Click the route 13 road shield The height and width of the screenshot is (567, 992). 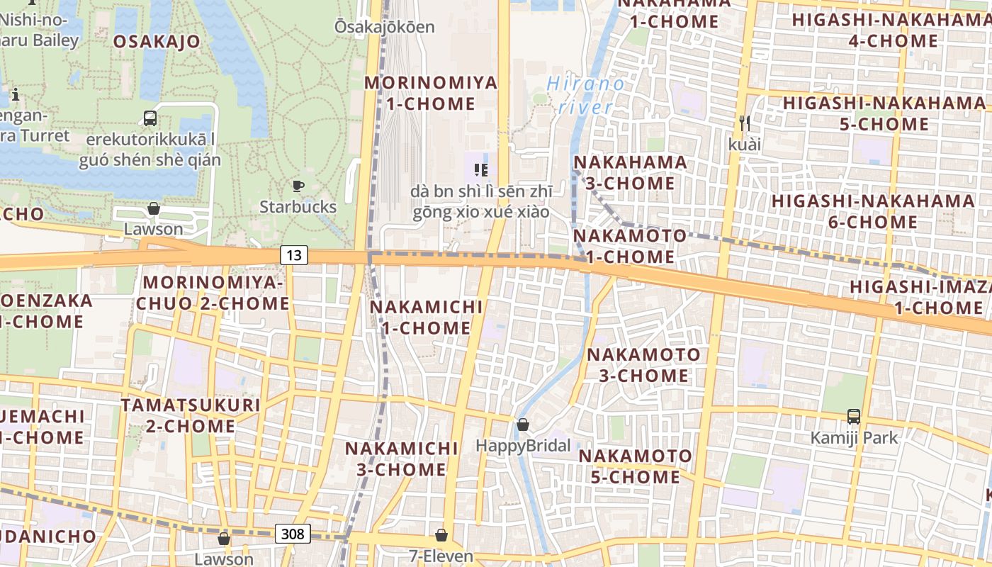293,255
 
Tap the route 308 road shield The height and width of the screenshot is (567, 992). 293,533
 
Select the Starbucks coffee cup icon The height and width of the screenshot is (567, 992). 298,186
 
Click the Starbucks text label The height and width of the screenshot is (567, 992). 298,207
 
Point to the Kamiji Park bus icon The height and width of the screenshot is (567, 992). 854,417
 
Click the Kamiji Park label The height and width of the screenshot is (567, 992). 854,437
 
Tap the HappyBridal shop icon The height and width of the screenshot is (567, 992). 523,425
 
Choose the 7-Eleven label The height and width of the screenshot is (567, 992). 441,556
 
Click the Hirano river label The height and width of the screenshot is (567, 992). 592,96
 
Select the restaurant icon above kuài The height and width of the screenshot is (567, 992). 744,123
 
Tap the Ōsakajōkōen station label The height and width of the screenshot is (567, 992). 385,27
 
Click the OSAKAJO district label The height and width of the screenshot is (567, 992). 157,41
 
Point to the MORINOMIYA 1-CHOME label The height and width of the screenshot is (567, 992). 431,93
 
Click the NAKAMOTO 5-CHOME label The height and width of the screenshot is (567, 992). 635,466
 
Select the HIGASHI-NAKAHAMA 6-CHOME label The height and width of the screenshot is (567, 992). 873,211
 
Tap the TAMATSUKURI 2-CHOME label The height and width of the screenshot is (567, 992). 191,415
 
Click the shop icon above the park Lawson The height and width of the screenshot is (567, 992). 153,208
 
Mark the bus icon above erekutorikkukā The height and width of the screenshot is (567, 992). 150,118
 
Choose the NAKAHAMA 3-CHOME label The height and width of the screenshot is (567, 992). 630,172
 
